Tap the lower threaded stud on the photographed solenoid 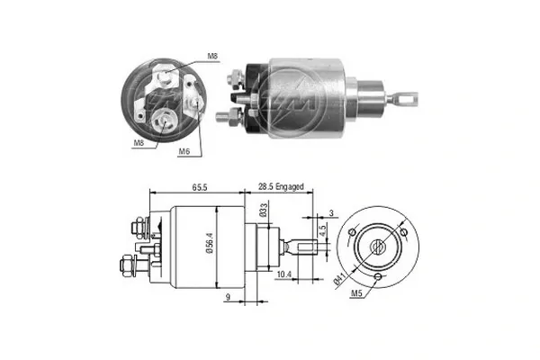click(x=225, y=117)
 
